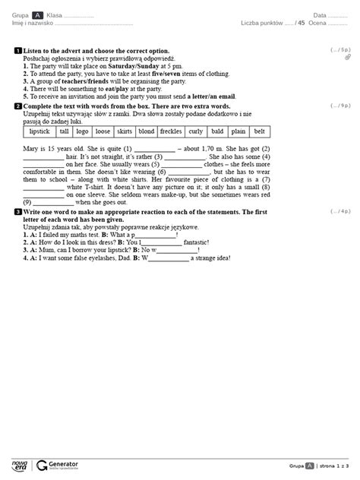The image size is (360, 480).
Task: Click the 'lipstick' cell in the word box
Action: click(x=38, y=131)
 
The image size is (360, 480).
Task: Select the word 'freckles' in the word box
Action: click(x=171, y=131)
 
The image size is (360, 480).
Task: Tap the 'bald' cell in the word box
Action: click(x=217, y=131)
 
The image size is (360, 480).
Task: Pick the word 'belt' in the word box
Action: click(x=259, y=131)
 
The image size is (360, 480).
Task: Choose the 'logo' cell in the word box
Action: click(x=83, y=131)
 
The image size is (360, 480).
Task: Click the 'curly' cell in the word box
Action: click(x=196, y=131)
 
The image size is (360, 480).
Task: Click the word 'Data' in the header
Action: click(x=320, y=15)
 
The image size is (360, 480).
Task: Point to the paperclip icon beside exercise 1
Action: click(x=347, y=57)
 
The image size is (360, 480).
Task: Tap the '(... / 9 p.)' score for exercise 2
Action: click(x=341, y=107)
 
